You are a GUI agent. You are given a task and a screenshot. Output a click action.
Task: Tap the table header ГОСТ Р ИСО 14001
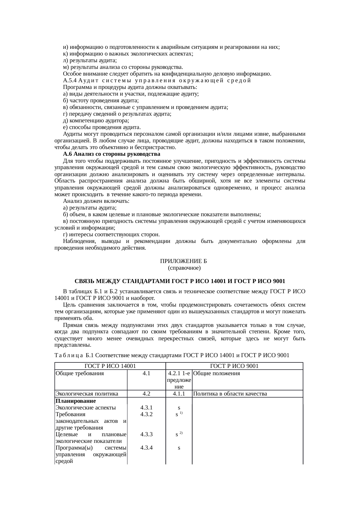coord(110,366)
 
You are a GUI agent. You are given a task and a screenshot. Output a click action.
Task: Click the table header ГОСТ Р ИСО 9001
coord(234,366)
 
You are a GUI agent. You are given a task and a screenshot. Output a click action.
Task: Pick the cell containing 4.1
coord(146,373)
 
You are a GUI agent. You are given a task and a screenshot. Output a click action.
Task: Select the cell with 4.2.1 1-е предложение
coord(179,380)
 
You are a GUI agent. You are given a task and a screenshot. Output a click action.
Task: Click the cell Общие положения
coord(217,373)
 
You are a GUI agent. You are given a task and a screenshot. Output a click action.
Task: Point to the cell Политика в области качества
coord(230,394)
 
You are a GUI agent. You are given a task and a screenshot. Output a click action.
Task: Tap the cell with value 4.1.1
coord(179,394)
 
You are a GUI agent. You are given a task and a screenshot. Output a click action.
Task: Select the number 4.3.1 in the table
coord(146,408)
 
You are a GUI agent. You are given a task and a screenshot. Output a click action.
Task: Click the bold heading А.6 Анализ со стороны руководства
coord(111,154)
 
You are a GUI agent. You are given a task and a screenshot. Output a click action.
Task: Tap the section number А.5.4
coord(70,80)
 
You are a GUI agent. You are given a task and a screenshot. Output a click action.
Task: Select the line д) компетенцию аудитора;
coord(96,121)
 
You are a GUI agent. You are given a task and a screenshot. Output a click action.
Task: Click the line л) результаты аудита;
coord(90,60)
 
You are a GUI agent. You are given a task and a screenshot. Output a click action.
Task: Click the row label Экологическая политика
coord(87,394)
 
